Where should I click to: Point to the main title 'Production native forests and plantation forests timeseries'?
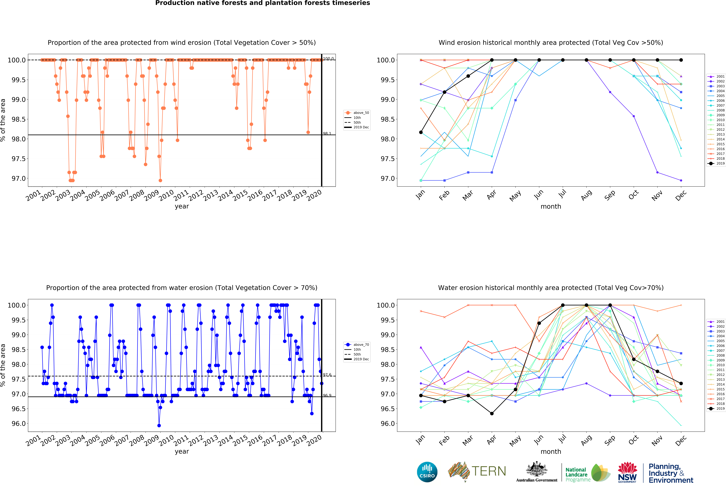click(x=262, y=3)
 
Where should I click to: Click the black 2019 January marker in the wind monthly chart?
click(x=421, y=132)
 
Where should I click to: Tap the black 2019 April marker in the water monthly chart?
click(x=492, y=413)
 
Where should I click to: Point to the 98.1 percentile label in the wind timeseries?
click(x=327, y=133)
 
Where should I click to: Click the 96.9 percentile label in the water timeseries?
click(x=327, y=395)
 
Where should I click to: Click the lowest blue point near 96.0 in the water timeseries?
click(x=159, y=425)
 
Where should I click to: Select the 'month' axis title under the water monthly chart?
click(x=551, y=452)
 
